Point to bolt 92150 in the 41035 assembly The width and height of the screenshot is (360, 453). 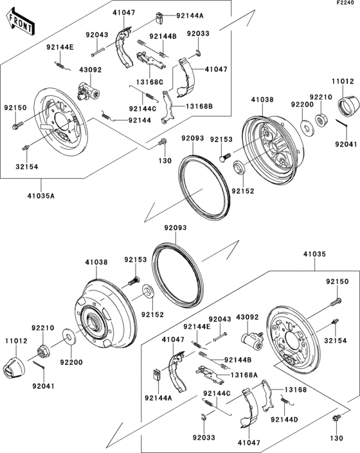pos(335,298)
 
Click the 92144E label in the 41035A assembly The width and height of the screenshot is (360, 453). pos(59,48)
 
